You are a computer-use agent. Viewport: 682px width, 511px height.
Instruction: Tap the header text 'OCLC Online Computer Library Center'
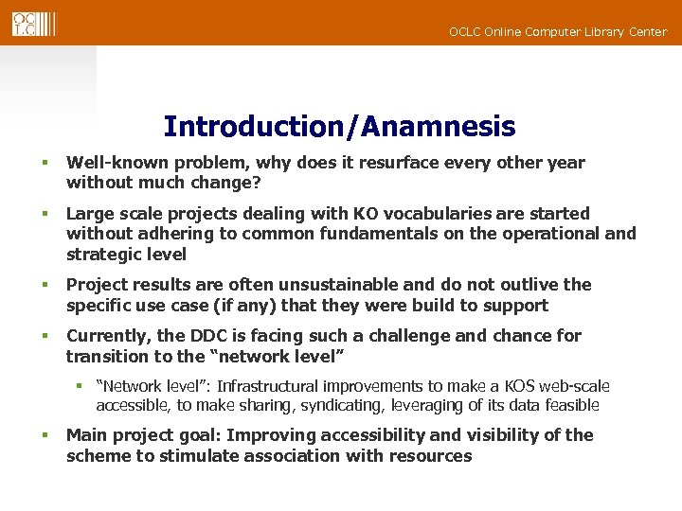[x=557, y=32]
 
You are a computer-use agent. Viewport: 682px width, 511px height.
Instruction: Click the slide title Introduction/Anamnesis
[x=339, y=126]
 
